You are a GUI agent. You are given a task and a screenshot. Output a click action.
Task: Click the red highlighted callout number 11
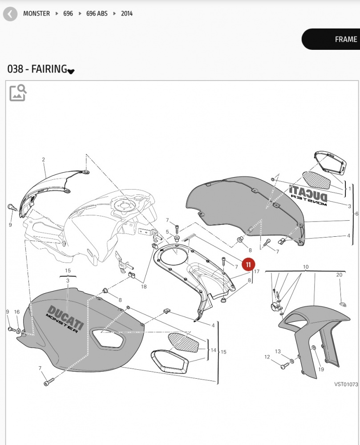tap(248, 264)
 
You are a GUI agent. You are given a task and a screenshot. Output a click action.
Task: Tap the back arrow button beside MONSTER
tap(10, 14)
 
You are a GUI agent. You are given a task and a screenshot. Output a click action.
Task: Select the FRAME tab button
tap(331, 39)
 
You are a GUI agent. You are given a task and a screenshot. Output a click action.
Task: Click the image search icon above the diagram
tap(18, 93)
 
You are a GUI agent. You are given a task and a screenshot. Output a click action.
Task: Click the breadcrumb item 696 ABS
tap(97, 14)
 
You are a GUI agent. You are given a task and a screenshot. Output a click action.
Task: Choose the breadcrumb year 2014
tap(126, 14)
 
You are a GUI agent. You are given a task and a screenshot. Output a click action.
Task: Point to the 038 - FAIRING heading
tap(37, 69)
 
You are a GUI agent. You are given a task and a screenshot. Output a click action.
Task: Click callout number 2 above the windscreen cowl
tap(44, 159)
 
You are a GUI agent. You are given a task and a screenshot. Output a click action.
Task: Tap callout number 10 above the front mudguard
tap(306, 267)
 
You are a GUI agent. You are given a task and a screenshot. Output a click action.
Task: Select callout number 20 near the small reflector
tap(339, 275)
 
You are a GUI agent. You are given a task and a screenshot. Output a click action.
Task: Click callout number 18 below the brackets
tap(144, 287)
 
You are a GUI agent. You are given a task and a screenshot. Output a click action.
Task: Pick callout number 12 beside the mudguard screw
tap(267, 357)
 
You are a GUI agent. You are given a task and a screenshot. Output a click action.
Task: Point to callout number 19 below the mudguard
tap(321, 369)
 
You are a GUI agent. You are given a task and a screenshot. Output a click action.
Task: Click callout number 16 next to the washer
tap(17, 312)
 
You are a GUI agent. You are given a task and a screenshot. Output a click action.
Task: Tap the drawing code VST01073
tap(346, 384)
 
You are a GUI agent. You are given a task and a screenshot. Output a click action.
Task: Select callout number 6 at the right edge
tap(356, 214)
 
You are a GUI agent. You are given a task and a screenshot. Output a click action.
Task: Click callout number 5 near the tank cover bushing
tap(167, 232)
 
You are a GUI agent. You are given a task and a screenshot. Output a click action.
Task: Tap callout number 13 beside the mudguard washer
tap(278, 352)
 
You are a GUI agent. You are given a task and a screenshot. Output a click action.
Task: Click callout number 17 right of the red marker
tap(256, 271)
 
